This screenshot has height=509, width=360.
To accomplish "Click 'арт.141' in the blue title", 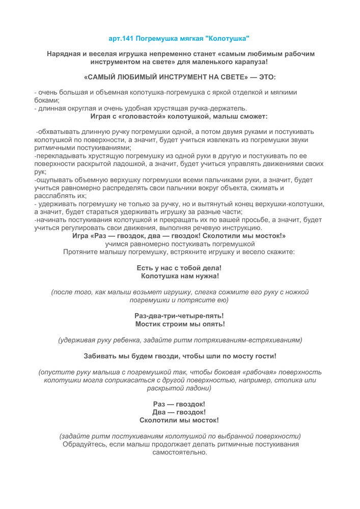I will [121, 39].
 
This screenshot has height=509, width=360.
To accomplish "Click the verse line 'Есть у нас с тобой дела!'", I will [179, 268].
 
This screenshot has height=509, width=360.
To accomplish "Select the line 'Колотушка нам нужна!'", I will [179, 276].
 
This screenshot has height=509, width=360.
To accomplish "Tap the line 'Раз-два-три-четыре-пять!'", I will [179, 316].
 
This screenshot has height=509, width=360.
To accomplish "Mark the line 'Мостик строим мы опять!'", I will [179, 324].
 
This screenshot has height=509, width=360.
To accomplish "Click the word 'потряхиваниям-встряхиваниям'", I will [250, 340].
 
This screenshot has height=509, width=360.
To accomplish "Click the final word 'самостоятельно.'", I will [179, 453].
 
